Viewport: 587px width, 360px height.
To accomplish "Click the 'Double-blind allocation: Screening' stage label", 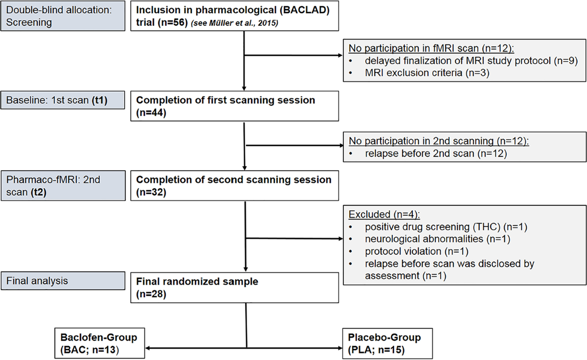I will [63, 17].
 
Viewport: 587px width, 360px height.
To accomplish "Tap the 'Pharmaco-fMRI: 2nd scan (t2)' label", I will [63, 186].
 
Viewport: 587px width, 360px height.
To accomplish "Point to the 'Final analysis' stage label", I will [63, 281].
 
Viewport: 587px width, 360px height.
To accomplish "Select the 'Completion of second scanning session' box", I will [232, 186].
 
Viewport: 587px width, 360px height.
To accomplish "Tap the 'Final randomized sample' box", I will [232, 288].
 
